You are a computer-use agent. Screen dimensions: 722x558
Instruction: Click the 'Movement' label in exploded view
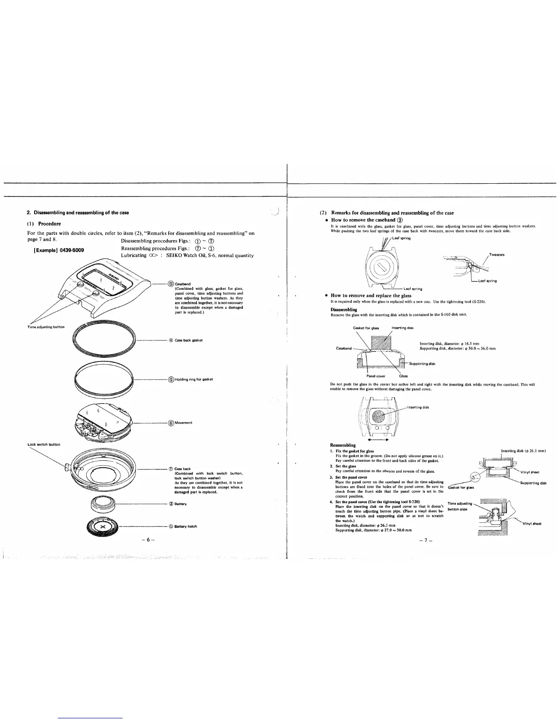[x=183, y=423]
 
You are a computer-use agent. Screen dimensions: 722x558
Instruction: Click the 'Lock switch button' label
[x=44, y=444]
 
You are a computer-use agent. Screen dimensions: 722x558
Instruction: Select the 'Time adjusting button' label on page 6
[x=46, y=327]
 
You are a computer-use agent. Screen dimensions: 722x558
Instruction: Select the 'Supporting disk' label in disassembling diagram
[x=422, y=364]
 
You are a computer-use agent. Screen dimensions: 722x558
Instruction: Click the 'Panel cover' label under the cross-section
[x=376, y=376]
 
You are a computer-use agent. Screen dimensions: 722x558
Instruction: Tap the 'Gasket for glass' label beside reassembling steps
[x=461, y=487]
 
